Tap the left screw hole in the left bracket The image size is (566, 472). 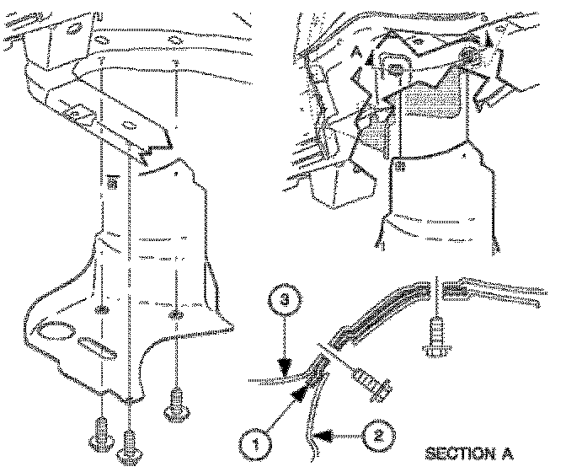pyautogui.click(x=102, y=311)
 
